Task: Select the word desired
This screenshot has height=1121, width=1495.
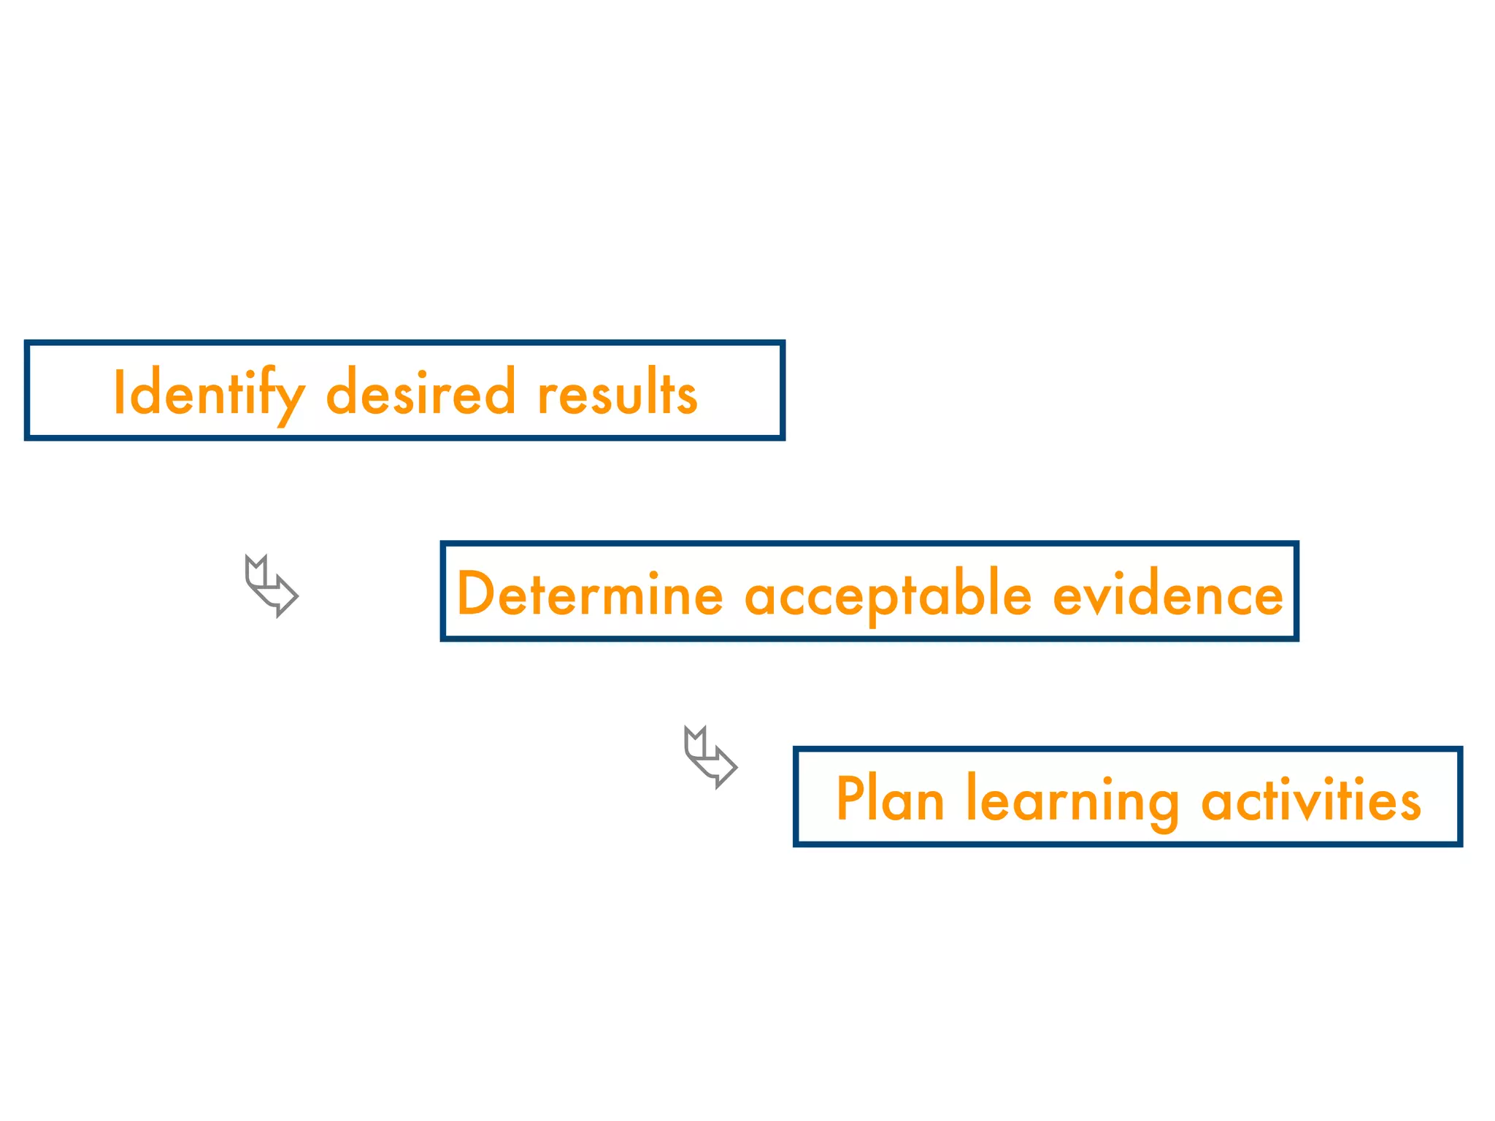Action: (420, 393)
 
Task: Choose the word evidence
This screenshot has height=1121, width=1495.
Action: (1167, 595)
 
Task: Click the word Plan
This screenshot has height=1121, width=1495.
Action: (890, 800)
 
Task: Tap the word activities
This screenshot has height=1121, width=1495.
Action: (1311, 800)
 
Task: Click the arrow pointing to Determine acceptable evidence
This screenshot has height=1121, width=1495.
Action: (271, 586)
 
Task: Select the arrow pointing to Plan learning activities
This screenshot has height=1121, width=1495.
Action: (710, 758)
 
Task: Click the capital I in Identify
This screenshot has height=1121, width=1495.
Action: (118, 392)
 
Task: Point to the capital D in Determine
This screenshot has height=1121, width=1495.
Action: (477, 594)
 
